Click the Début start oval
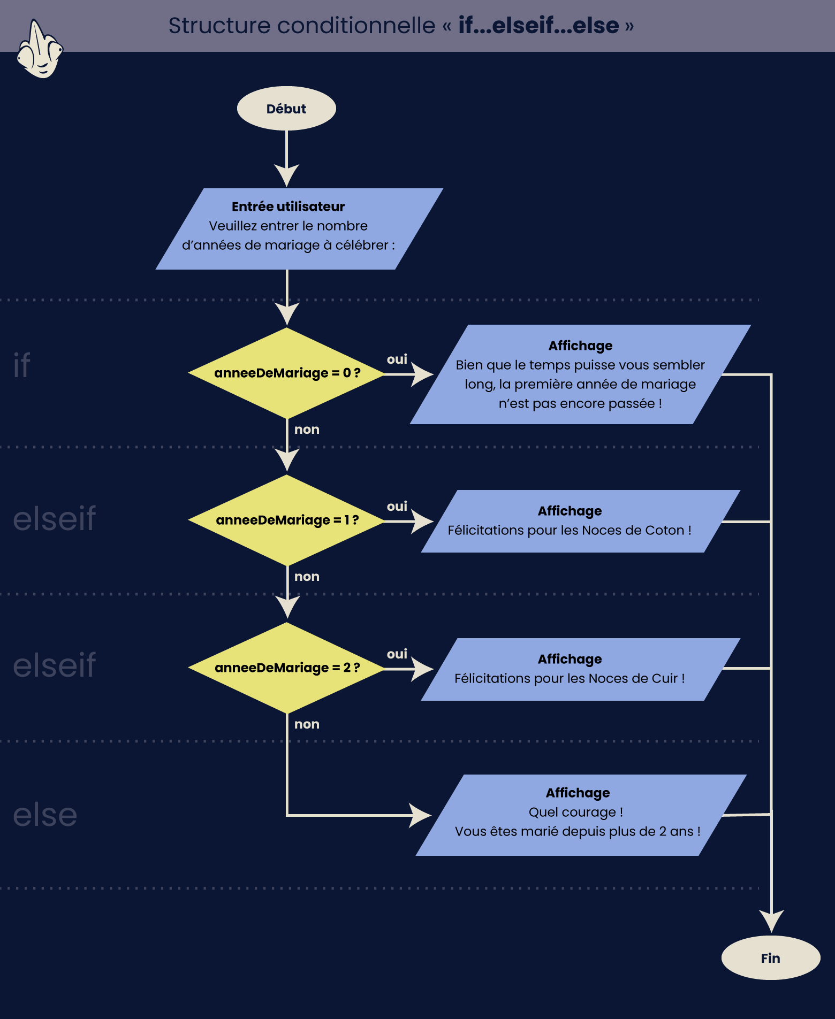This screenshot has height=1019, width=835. coord(286,109)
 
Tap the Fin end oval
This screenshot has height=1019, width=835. coord(771,957)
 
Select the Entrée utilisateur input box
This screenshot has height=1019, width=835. coord(299,229)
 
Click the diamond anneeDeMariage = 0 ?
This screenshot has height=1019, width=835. coord(287,373)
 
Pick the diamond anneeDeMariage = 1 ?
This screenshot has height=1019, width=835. coord(287,520)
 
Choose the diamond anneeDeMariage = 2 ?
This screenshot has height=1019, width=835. coord(287,668)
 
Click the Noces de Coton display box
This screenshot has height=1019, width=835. coord(581,521)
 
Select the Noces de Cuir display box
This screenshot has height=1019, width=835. coord(581,669)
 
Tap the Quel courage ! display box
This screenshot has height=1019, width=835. coord(581,815)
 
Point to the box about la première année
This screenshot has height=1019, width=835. coord(581,374)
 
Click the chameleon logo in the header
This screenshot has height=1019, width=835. coord(40,49)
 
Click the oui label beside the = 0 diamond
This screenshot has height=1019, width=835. coord(397,359)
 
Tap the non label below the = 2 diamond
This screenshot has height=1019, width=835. coord(307,724)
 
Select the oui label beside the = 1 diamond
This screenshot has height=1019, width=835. coord(397,506)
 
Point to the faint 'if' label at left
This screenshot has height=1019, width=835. coord(22,365)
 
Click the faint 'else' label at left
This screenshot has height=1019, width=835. coord(45,815)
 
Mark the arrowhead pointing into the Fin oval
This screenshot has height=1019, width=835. coord(771,921)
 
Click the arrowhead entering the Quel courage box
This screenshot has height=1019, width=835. coord(421,815)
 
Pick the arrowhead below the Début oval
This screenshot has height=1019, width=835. coord(287,175)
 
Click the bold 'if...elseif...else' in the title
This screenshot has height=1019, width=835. coord(538,25)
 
